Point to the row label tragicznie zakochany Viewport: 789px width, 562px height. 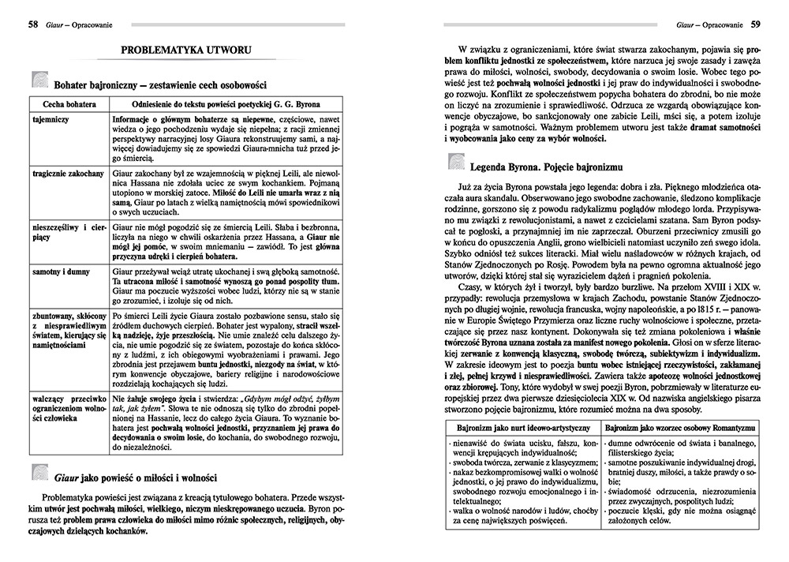point(68,171)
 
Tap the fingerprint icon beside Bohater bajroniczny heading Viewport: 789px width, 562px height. point(39,81)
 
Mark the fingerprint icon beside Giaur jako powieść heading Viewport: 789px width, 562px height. point(39,474)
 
